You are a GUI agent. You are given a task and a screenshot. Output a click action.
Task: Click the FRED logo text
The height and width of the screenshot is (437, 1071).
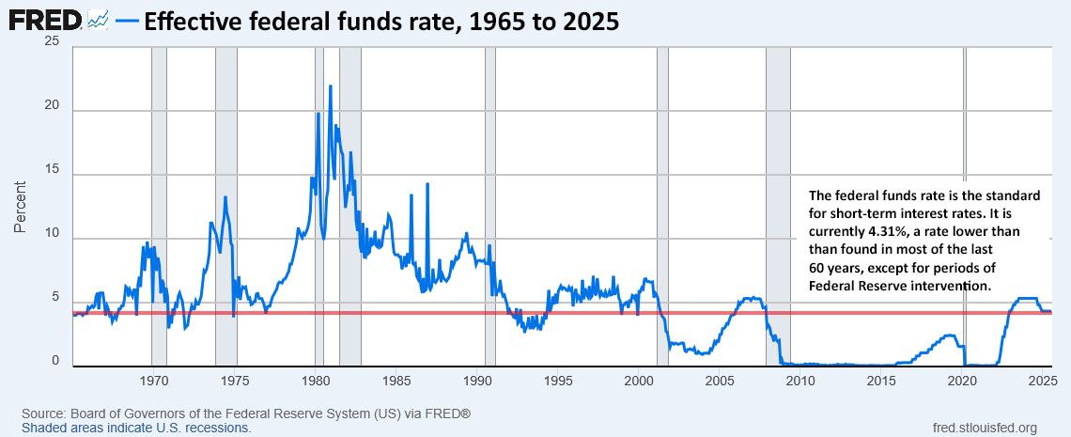point(44,20)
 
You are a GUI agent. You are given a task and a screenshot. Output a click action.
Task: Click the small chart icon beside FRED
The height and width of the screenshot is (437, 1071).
point(98,20)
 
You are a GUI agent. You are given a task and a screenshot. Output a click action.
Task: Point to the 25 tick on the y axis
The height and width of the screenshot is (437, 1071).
point(53,43)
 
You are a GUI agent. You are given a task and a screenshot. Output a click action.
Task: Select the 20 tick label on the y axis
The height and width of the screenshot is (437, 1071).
point(53,107)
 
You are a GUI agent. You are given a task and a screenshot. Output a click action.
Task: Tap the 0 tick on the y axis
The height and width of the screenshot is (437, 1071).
point(56,361)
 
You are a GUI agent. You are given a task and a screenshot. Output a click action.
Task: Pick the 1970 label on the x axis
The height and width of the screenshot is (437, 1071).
point(153,381)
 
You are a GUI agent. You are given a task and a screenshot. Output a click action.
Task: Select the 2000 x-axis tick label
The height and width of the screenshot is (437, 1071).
point(639,381)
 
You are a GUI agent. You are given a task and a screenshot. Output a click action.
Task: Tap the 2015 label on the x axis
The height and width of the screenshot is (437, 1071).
point(881,381)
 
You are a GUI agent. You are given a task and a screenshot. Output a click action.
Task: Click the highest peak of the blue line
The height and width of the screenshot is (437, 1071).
point(330,86)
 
